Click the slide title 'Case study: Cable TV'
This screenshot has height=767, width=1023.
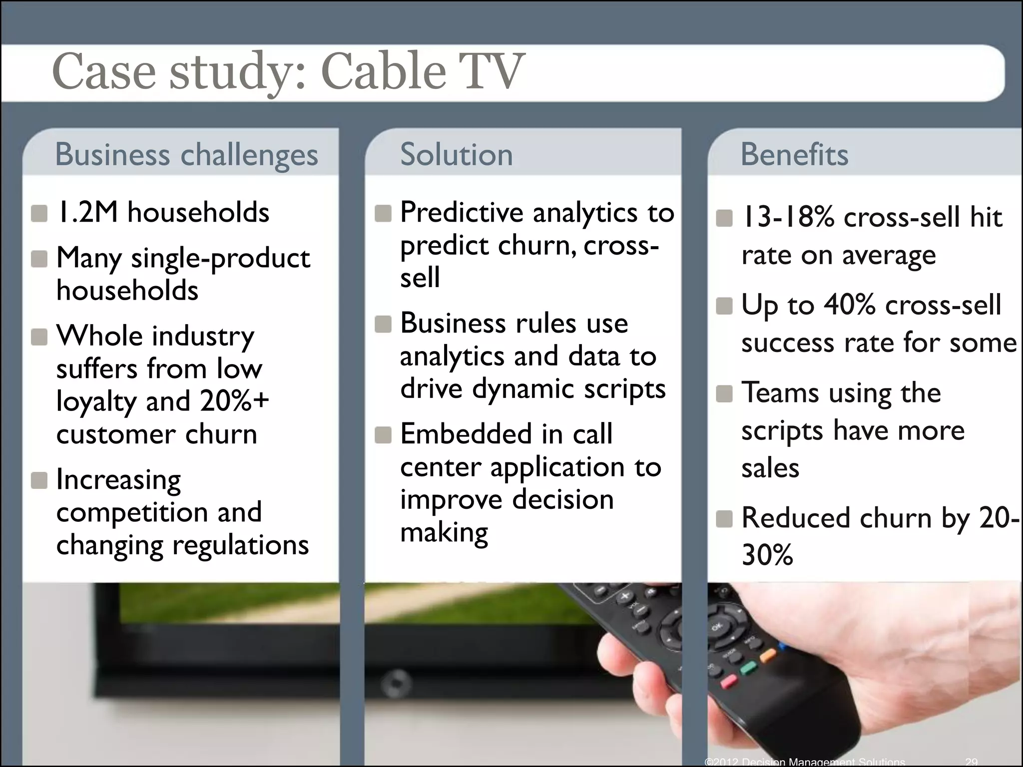288,72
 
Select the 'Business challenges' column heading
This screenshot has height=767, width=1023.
186,154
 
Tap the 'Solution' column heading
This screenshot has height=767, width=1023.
456,154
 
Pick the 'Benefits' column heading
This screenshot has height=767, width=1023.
794,154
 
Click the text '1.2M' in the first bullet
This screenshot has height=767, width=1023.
88,213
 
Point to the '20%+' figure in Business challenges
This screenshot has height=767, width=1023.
234,401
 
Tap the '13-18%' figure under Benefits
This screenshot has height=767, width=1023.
787,218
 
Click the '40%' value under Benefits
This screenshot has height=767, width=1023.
849,305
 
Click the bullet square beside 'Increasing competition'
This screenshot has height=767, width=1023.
39,481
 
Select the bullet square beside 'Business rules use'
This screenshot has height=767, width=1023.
383,324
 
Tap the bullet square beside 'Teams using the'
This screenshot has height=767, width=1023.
724,393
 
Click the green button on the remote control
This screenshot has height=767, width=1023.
748,667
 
